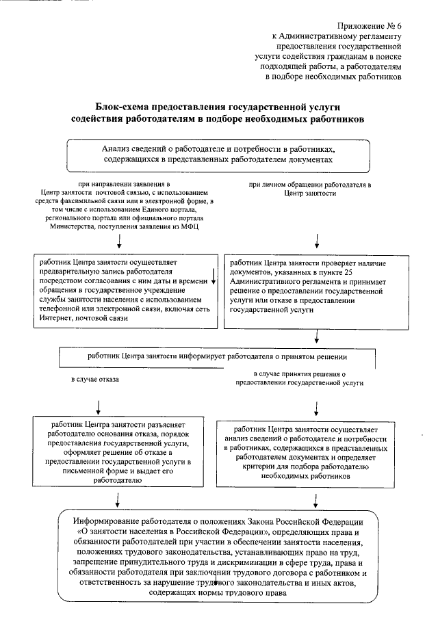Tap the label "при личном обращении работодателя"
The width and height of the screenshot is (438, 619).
[x=309, y=185]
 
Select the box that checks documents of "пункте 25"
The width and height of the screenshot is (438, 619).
[x=318, y=285]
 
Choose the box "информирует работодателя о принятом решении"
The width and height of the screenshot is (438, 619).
[x=217, y=356]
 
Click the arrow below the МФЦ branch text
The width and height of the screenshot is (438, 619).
[x=120, y=240]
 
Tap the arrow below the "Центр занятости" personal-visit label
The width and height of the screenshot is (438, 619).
[x=317, y=240]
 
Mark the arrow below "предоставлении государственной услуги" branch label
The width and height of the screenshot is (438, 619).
[x=317, y=407]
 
